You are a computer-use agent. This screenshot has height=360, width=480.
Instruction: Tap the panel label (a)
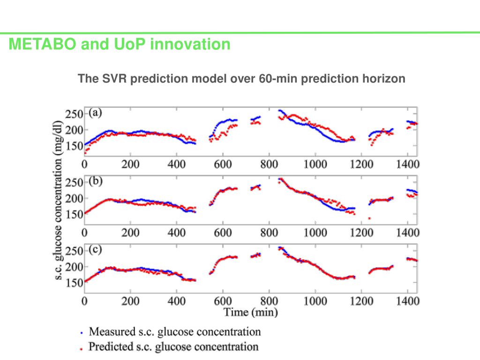tap(96, 112)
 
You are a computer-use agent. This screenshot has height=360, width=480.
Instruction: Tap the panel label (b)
tap(96, 180)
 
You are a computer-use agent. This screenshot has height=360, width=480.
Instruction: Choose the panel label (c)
tap(96, 249)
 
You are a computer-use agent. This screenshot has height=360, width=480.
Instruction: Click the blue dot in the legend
tap(81, 332)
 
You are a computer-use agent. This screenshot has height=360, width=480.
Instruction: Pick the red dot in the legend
tap(81, 348)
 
